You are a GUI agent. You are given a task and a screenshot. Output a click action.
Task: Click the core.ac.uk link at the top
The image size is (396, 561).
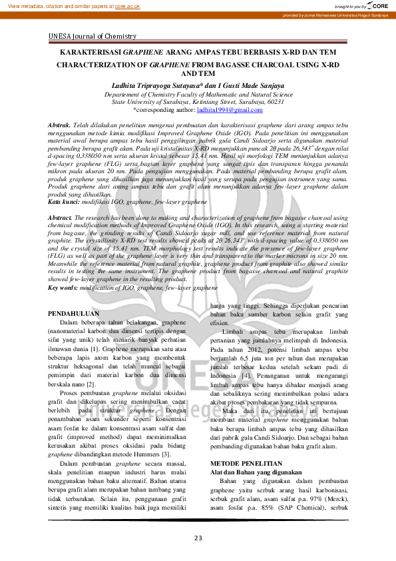tap(127, 6)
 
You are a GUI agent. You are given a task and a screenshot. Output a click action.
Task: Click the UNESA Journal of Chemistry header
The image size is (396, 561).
tap(93, 37)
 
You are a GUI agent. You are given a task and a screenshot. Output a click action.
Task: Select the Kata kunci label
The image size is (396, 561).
tap(64, 201)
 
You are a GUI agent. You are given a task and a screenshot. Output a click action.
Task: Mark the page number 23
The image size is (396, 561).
tap(198, 538)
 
